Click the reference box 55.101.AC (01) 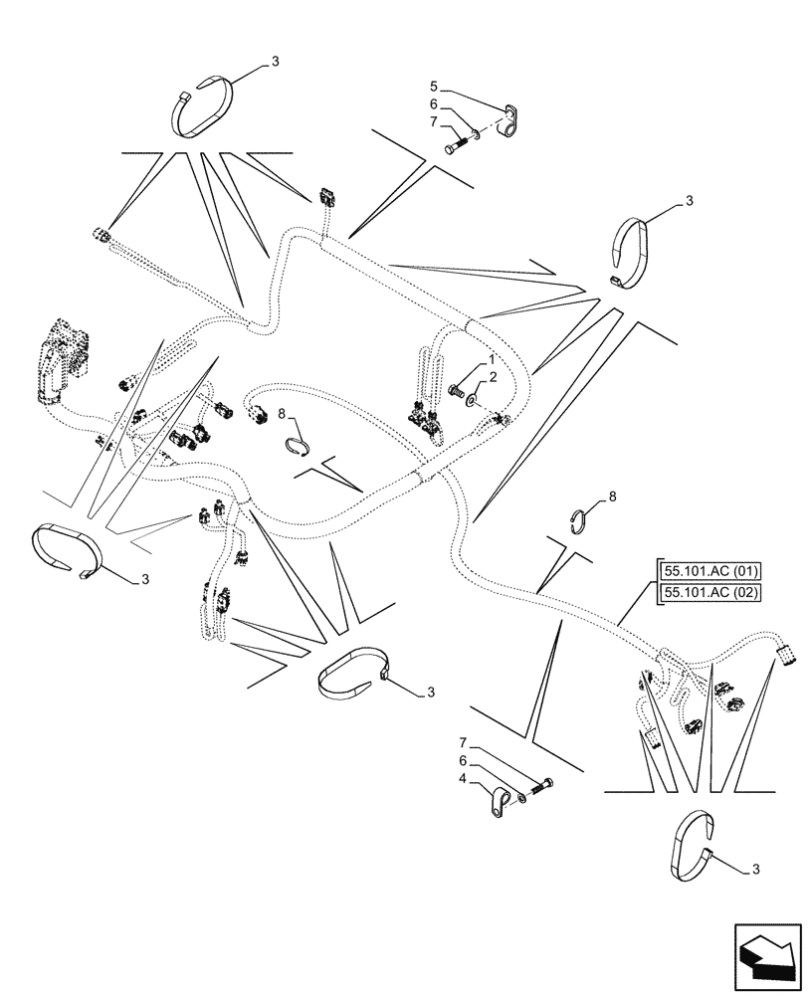[x=708, y=570]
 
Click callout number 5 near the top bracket [x=434, y=86]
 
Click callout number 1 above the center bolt [x=492, y=357]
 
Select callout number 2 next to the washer [x=492, y=378]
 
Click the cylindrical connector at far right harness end [x=788, y=655]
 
